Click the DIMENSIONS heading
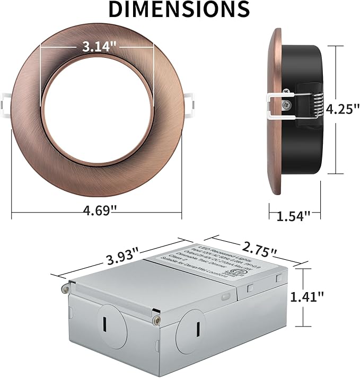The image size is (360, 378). pyautogui.click(x=179, y=10)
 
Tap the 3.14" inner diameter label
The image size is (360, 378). pyautogui.click(x=96, y=47)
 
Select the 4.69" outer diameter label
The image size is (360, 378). pyautogui.click(x=96, y=210)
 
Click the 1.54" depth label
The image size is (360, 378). pyautogui.click(x=293, y=216)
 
